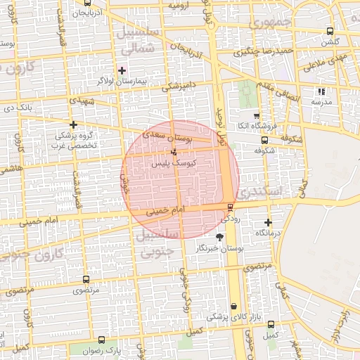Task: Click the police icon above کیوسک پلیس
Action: (174, 152)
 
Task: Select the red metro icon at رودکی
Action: (230, 207)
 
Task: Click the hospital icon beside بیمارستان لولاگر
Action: (122, 70)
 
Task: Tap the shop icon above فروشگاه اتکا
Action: (257, 117)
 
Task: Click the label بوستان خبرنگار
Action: (220, 249)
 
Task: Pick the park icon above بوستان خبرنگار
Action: (219, 238)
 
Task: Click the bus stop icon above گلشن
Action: (330, 31)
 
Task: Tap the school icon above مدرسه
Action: (322, 91)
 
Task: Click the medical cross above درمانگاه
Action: (268, 223)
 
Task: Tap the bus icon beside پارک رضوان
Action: (103, 340)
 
